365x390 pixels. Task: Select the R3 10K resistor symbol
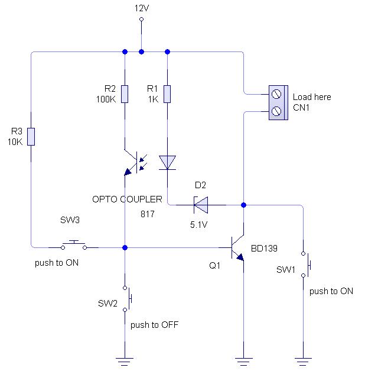pos(31,136)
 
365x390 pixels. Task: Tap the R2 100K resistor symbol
pos(125,94)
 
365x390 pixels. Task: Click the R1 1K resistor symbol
pos(168,94)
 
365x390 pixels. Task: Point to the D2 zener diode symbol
pos(201,205)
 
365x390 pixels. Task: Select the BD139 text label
pos(264,248)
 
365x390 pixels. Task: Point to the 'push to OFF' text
pos(154,324)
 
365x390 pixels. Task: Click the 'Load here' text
pos(312,97)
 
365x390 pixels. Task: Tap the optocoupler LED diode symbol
pos(168,162)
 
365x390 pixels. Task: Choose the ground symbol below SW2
pos(125,359)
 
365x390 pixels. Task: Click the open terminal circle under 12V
pos(141,20)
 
